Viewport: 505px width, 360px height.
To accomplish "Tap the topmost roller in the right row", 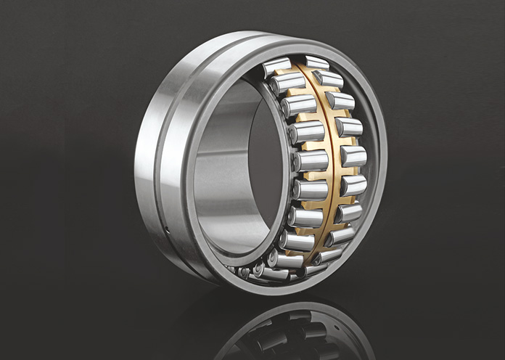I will click(x=316, y=62).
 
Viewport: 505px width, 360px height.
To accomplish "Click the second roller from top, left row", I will click(x=287, y=84).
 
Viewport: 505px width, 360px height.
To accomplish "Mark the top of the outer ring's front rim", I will click(x=290, y=41).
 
